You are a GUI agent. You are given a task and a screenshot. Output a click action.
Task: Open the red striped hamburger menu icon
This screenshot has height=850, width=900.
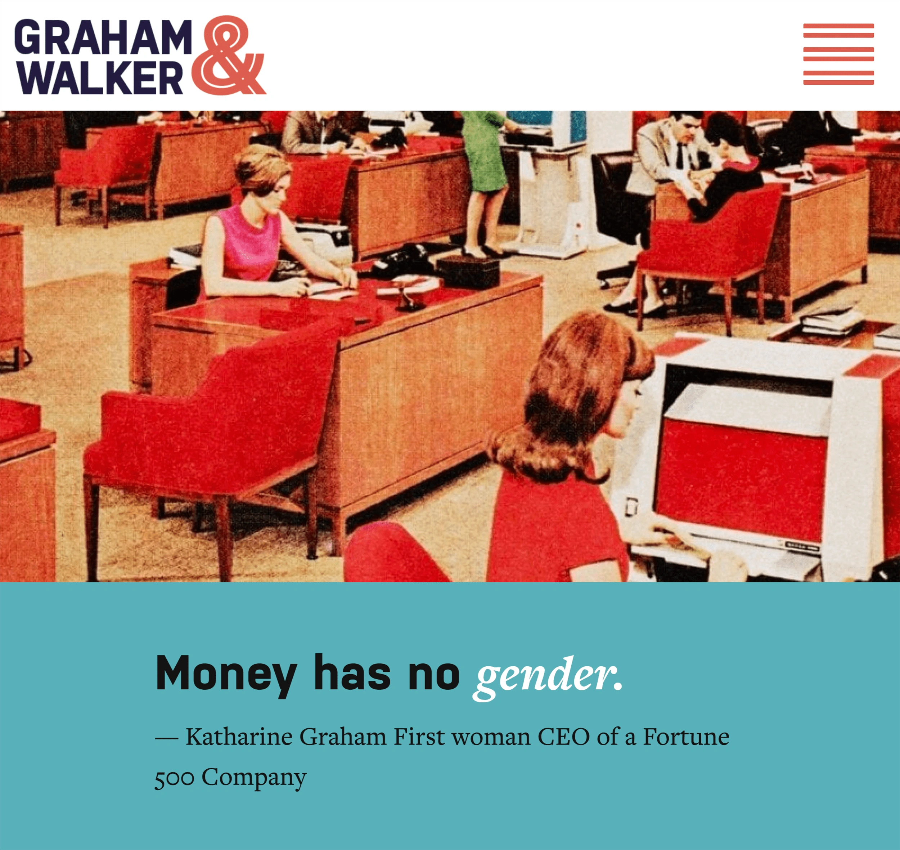pos(838,54)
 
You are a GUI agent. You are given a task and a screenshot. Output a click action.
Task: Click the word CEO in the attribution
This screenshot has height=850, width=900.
pos(563,737)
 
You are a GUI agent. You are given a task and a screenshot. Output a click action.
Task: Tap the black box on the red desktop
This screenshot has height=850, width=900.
pos(467,271)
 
